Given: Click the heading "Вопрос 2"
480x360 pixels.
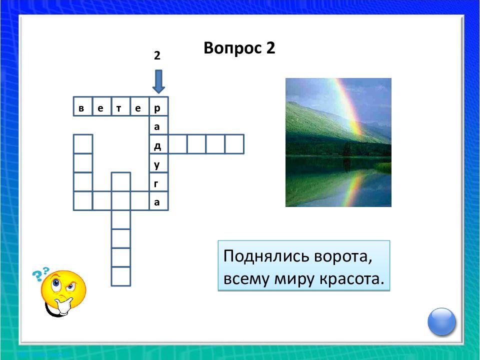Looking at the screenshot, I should [239, 48].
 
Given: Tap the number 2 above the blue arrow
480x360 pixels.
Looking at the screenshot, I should [157, 56].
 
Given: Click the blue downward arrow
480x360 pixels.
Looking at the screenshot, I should [158, 81].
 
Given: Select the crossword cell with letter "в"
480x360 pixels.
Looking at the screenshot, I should [82, 106].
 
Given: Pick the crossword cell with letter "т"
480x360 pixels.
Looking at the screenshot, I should [120, 106].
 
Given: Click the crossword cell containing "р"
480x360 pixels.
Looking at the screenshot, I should [158, 106].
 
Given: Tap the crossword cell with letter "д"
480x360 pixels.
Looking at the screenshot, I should [158, 144].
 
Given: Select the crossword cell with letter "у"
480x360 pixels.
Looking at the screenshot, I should [158, 163].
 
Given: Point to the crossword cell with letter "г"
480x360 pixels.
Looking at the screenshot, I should [158, 182].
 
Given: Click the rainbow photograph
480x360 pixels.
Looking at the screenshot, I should [338, 142].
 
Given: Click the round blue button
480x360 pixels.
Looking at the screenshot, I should [442, 321].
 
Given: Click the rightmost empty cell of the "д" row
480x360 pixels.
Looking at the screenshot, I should [234, 144].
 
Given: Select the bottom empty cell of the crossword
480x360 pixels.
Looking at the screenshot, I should [120, 276].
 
